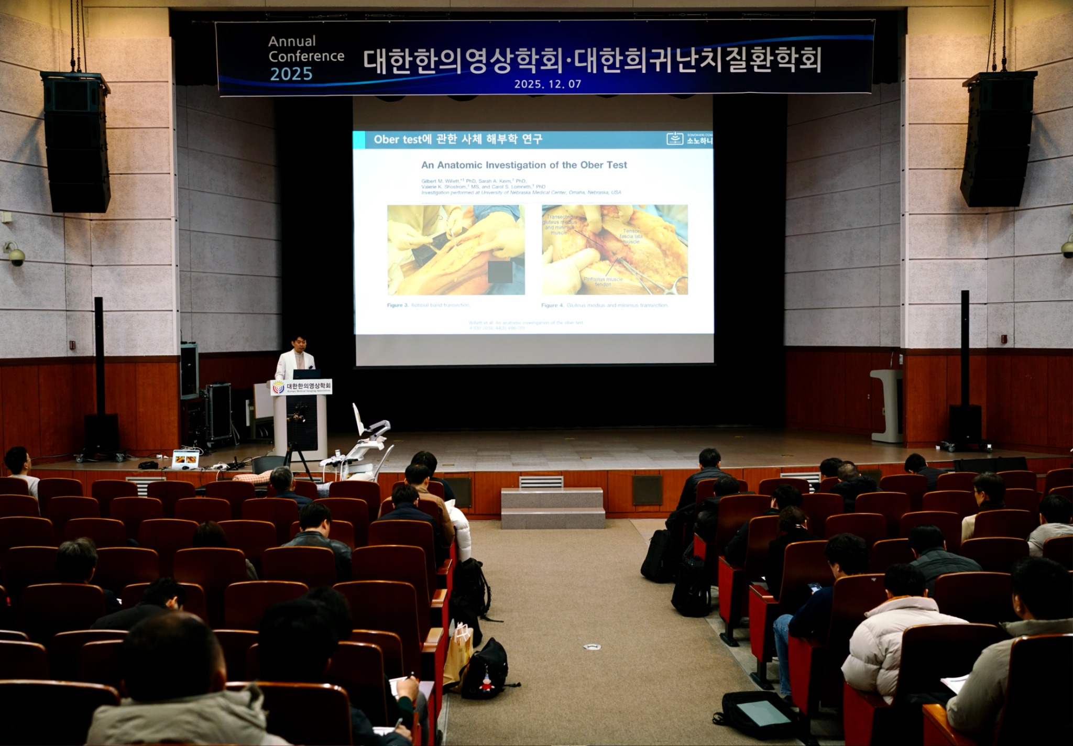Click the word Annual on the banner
point(292,41)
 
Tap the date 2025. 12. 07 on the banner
point(548,84)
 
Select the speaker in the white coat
point(295,359)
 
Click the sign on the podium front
point(301,387)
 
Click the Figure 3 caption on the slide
point(429,305)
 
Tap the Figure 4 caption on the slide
point(605,305)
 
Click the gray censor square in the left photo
point(500,272)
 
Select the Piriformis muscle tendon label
point(603,282)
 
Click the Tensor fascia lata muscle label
point(631,236)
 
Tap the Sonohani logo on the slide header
point(689,138)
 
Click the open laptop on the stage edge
point(185,459)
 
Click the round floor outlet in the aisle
point(592,646)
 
